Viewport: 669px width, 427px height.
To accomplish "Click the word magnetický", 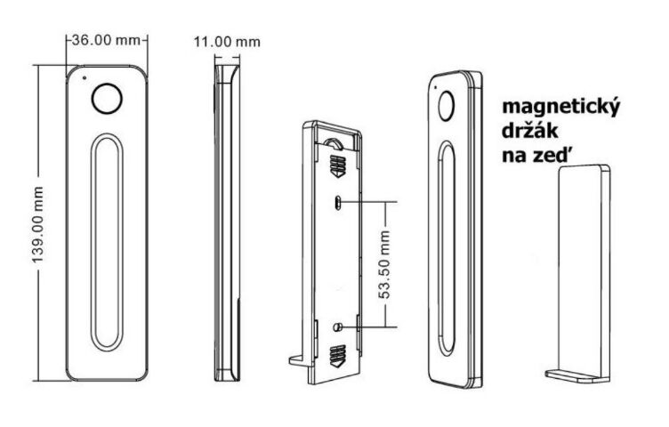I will click(x=560, y=108).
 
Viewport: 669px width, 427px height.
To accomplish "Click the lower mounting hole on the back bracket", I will click(x=338, y=327).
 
